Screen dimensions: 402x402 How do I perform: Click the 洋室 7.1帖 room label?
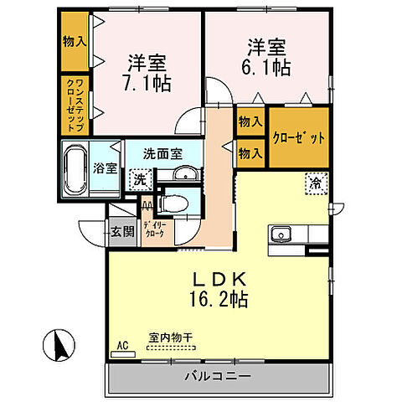point(147,72)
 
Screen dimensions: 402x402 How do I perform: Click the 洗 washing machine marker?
point(140,179)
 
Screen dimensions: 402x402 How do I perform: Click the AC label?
point(122,344)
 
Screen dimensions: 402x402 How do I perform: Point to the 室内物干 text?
point(170,338)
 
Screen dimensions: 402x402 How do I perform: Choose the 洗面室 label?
point(162,153)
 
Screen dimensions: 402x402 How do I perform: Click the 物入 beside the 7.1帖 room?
point(73,41)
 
